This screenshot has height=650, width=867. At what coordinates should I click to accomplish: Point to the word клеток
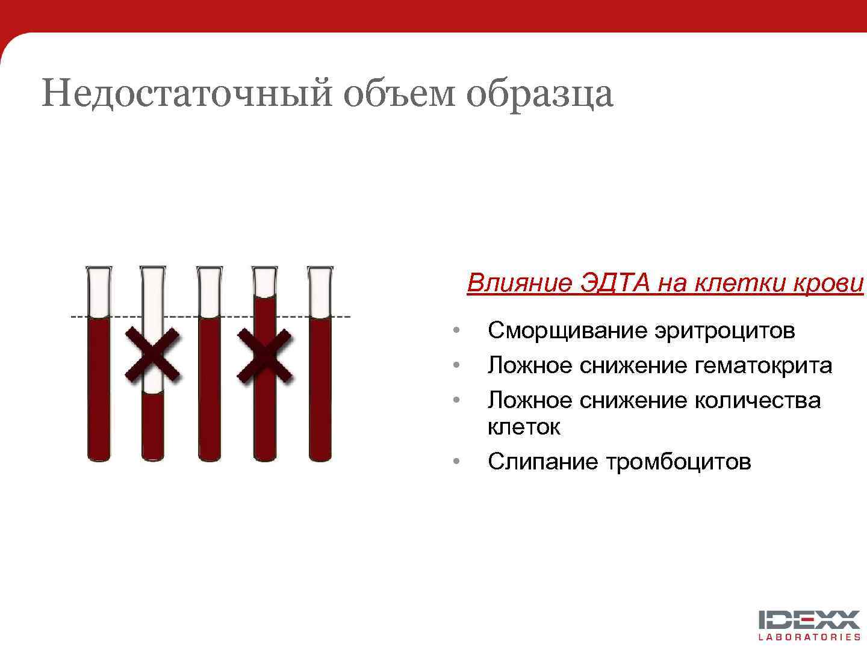click(x=524, y=427)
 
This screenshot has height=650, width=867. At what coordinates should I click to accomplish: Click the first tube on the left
click(x=99, y=385)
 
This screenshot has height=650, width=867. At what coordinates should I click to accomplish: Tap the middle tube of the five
click(x=209, y=385)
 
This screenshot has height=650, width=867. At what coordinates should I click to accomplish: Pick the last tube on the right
click(x=320, y=385)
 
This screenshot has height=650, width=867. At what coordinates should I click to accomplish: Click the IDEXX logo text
click(x=809, y=620)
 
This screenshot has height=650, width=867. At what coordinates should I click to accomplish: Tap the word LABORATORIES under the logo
click(x=809, y=637)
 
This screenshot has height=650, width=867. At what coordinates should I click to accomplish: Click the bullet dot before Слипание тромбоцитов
click(x=457, y=462)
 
